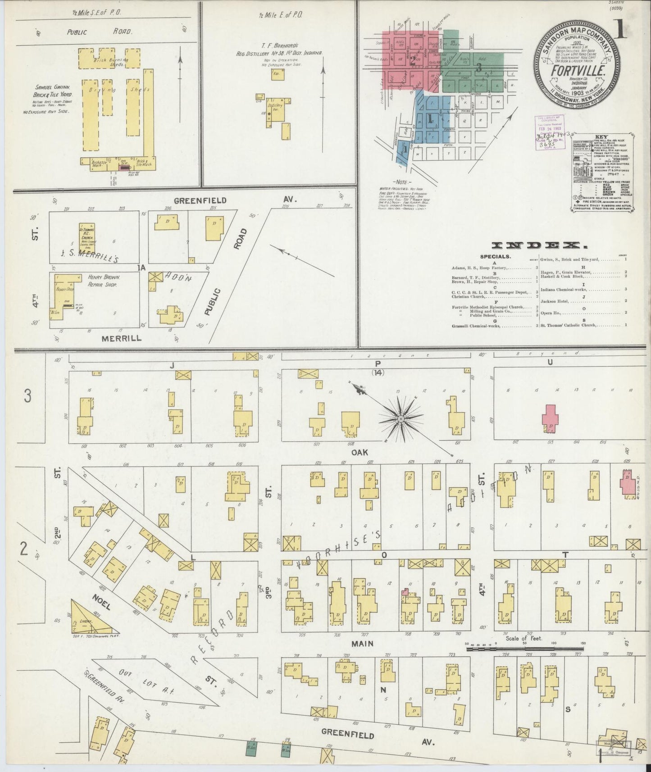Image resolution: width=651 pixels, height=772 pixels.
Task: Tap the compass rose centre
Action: tap(400, 419)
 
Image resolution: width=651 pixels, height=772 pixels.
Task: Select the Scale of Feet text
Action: tap(524, 638)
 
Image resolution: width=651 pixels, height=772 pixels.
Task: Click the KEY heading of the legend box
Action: tap(601, 136)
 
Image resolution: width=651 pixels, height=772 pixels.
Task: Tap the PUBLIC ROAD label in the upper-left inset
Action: tap(100, 32)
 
